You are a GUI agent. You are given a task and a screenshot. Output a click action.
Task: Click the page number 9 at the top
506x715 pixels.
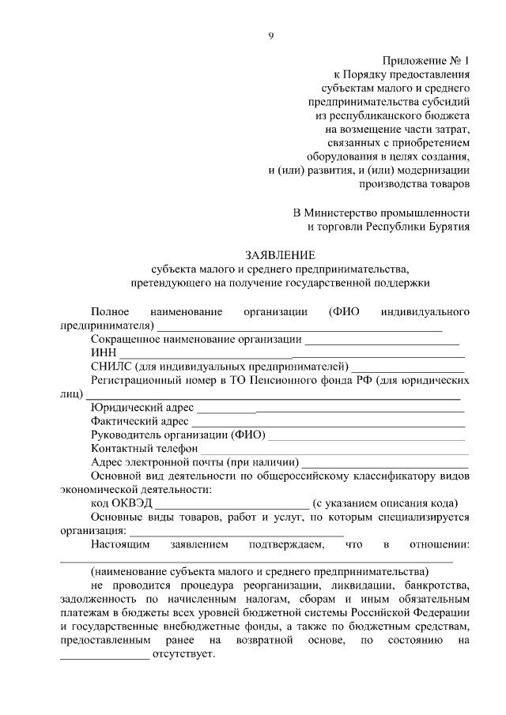270,35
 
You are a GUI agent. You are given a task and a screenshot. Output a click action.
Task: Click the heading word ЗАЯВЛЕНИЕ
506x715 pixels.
280,255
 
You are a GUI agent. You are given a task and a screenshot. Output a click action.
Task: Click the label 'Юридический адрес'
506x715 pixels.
141,408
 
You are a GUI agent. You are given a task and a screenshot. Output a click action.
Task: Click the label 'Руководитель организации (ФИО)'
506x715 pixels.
178,435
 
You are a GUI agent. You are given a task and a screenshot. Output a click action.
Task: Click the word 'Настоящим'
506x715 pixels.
115,544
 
